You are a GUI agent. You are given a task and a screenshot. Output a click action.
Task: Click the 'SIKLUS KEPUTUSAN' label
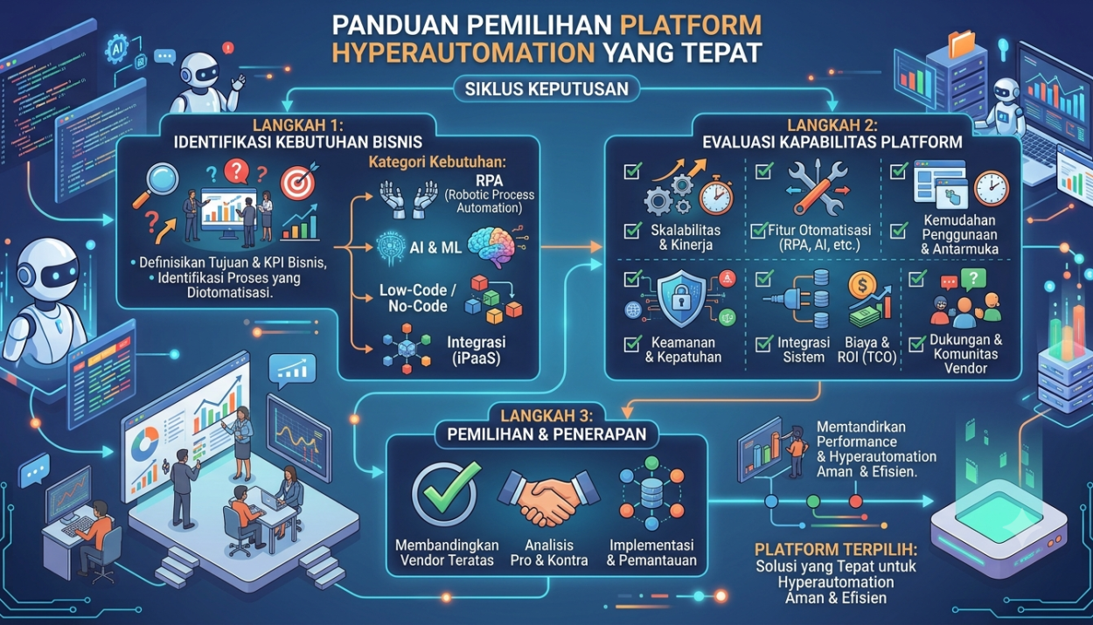(x=546, y=89)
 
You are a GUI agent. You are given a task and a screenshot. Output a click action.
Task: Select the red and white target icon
(x=297, y=183)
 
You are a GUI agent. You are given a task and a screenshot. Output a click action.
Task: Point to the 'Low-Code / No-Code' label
(x=418, y=297)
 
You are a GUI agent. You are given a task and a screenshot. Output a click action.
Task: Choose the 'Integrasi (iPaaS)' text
(x=477, y=350)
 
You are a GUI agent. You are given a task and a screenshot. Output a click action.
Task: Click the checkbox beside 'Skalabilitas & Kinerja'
(x=633, y=230)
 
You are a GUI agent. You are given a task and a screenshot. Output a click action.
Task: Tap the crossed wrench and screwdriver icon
(x=818, y=189)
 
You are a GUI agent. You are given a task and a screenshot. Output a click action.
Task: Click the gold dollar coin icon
(x=861, y=285)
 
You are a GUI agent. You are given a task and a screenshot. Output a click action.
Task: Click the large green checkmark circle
(x=444, y=494)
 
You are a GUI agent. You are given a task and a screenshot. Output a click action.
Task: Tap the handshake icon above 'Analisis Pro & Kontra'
(x=548, y=497)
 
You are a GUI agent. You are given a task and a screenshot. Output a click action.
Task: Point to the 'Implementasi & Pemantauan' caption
(x=651, y=552)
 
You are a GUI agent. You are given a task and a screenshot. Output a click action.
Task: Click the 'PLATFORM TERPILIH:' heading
(x=836, y=549)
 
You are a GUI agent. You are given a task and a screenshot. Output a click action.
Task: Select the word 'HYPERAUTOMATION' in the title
(x=463, y=52)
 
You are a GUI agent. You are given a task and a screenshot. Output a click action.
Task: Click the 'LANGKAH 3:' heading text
(x=546, y=415)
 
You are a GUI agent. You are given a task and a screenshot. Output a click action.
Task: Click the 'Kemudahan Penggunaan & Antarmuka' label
(x=959, y=234)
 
